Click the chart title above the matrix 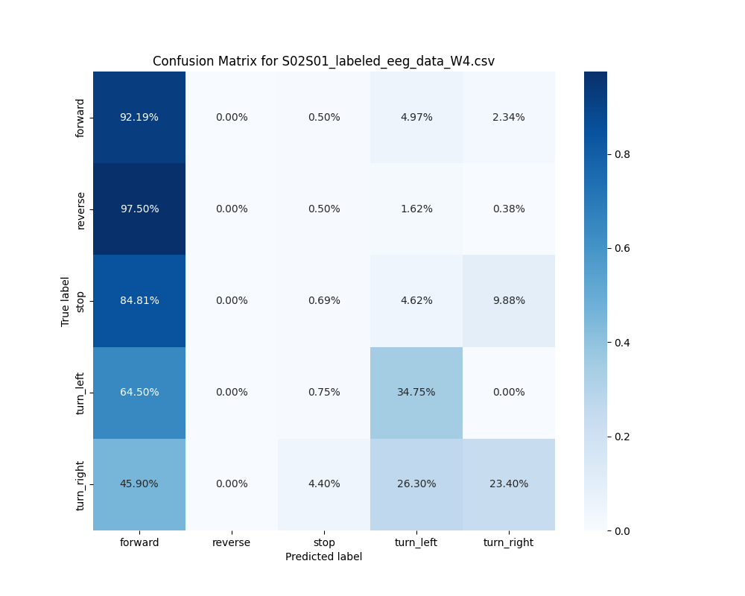pos(323,61)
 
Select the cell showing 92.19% pos(139,117)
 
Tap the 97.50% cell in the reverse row pos(139,209)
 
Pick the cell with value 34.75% pos(416,392)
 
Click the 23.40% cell pos(509,484)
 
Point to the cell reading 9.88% pos(509,300)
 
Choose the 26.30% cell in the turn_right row pos(416,484)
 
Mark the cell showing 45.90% pos(139,484)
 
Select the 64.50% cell pos(139,392)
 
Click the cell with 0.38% pos(509,209)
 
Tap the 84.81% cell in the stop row pos(139,300)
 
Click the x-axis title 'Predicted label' pos(323,557)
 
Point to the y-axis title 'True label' pos(66,301)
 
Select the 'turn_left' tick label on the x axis pos(416,542)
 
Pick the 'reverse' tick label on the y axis pos(81,209)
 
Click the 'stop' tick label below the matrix pos(324,542)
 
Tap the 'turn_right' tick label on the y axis pos(81,484)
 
